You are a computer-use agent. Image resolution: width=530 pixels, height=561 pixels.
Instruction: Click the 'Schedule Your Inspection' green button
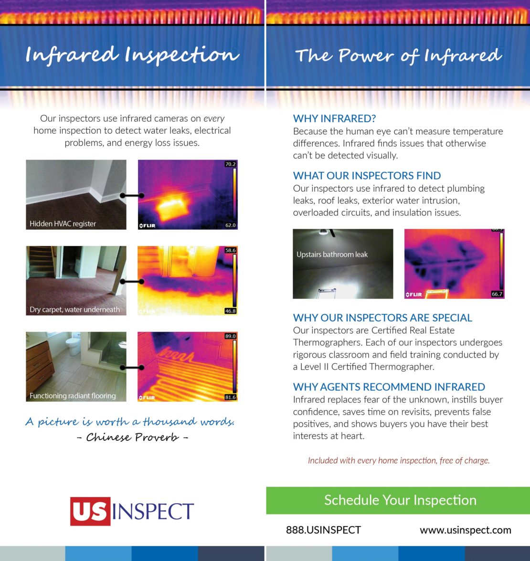(400, 500)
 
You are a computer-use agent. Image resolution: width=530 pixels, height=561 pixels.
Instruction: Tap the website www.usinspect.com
(465, 530)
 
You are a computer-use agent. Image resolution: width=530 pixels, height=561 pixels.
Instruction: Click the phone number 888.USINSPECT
(323, 530)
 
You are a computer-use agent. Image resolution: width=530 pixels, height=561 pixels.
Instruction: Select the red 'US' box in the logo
(90, 511)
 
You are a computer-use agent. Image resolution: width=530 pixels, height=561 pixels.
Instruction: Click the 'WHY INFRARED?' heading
(335, 118)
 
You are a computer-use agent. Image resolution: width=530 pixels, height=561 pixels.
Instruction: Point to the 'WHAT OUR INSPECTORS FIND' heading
(367, 175)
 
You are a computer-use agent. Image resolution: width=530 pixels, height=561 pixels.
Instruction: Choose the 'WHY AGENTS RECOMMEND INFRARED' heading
(389, 387)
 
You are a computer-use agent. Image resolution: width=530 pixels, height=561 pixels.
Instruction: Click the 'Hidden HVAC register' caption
(63, 223)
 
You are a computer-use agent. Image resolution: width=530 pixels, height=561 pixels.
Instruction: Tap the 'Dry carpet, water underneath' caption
(74, 309)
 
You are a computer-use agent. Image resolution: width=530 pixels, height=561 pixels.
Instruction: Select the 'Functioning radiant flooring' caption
(73, 395)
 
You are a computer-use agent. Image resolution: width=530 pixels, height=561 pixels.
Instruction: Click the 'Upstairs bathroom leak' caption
(332, 254)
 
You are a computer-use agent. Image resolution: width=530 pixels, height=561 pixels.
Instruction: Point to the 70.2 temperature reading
(230, 164)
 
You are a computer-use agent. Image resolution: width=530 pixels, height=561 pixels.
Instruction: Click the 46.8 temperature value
(230, 311)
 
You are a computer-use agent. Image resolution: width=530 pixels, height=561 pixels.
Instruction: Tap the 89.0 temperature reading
(230, 336)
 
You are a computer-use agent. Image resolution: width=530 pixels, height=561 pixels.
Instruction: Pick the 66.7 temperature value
(497, 294)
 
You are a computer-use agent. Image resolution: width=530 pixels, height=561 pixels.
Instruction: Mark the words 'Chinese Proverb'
(132, 437)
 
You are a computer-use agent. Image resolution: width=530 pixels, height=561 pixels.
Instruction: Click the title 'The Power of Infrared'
(398, 56)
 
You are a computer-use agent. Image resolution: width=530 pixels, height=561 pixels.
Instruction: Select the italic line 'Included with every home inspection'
(398, 460)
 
